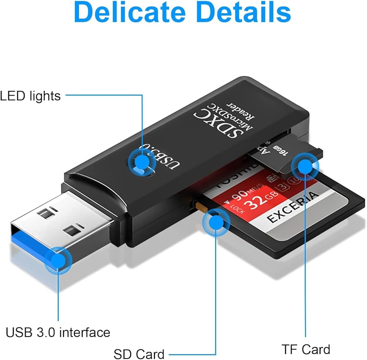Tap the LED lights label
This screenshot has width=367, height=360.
coord(30,96)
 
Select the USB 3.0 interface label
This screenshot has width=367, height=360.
coord(58,332)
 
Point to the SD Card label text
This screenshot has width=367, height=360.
coord(139,354)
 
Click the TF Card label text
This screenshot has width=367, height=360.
coord(306,349)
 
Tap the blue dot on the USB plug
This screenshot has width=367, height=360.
coord(58,260)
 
